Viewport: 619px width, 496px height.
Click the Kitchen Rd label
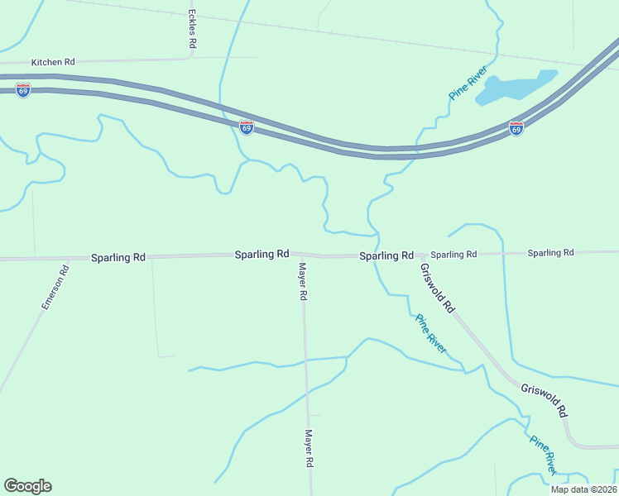53,62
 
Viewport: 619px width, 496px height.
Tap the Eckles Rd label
192,30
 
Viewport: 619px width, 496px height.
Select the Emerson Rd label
55,288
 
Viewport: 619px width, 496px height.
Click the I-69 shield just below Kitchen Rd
23,90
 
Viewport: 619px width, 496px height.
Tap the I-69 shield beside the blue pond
516,128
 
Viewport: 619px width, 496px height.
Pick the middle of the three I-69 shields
247,127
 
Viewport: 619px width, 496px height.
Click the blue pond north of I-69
514,88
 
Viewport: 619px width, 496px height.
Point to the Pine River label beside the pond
468,83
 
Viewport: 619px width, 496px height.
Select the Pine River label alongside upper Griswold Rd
431,333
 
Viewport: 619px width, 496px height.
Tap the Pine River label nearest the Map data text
543,455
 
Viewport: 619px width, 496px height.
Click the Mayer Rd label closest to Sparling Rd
304,281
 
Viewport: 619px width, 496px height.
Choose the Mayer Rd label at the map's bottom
309,449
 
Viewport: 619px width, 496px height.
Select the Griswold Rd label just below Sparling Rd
438,287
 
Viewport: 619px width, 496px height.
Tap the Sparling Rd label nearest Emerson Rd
118,257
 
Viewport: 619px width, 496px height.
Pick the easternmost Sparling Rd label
550,253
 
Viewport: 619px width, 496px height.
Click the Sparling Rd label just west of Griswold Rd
386,256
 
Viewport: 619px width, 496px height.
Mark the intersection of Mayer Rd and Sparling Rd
299,255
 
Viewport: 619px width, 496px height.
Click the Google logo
27,486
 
